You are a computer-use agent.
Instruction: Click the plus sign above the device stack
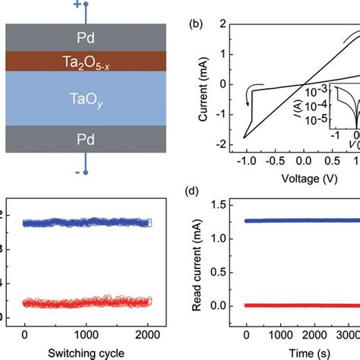pos(77,5)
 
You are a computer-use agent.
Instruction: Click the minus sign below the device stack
pos(77,172)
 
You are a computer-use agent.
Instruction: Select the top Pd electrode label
pos(86,36)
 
